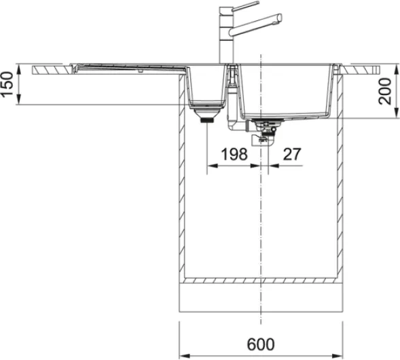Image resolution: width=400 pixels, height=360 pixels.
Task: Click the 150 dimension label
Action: pos(7,84)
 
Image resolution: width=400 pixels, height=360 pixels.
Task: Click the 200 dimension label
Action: pos(385,92)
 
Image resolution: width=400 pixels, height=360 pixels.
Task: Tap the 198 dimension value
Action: pos(234,154)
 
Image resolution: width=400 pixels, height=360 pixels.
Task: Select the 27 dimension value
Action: pos(292,154)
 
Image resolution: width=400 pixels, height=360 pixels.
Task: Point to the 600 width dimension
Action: pos(261,344)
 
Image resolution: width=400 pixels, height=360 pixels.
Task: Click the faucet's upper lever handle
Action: pos(245,6)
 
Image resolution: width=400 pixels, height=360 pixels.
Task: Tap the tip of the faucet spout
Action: pos(280,18)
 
